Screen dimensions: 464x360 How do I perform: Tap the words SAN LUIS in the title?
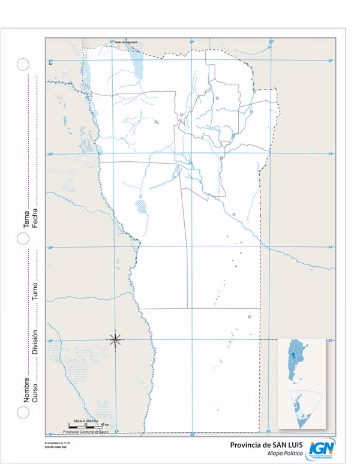click(x=281, y=445)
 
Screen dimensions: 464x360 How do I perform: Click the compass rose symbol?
click(x=115, y=339)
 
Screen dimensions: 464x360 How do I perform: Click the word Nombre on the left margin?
click(x=26, y=389)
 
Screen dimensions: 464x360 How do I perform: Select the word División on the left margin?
click(x=35, y=341)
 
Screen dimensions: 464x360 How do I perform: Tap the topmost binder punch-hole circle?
click(x=23, y=64)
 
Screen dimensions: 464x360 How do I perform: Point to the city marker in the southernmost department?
click(x=249, y=317)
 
